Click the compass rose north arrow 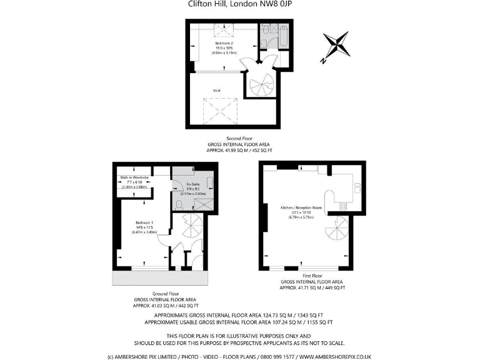coord(336,47)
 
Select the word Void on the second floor coord(216,91)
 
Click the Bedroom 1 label coord(144,222)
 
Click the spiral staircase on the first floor coord(338,234)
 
